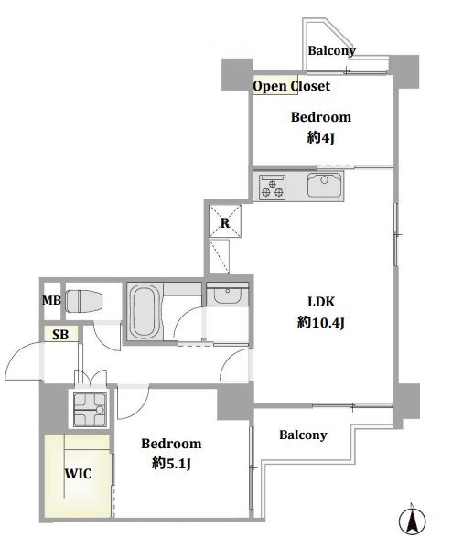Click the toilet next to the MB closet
83,301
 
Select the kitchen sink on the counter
324,185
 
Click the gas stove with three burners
273,187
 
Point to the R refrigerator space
225,221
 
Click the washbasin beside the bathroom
227,294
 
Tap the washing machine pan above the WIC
90,409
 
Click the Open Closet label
291,86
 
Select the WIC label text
78,474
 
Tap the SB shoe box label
60,335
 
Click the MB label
51,300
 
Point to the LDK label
321,302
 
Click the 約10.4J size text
320,322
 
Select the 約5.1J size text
171,464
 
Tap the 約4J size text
320,137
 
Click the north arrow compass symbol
413,521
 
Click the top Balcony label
331,50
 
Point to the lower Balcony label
303,435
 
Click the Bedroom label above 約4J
321,117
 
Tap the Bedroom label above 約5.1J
171,444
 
